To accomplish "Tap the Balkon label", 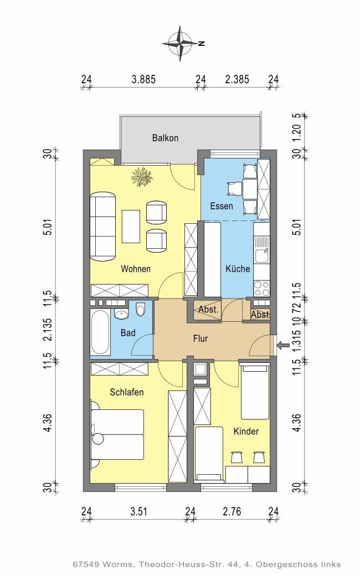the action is tap(166, 138).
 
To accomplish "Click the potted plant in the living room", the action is tap(141, 177).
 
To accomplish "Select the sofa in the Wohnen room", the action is tap(103, 226).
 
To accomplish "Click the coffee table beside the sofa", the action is tap(131, 226).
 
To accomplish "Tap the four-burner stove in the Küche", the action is tap(262, 288).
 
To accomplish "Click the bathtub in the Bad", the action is tap(100, 333).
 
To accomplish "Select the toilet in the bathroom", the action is tap(141, 310).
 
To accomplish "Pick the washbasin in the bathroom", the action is tap(121, 314).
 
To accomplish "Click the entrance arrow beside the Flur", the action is tap(282, 345).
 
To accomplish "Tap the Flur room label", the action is tap(200, 338).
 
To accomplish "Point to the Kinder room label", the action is tap(246, 431).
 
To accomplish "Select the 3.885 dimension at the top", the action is tap(143, 79).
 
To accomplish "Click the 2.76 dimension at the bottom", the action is tap(232, 511).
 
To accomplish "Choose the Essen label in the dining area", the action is tap(222, 206).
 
